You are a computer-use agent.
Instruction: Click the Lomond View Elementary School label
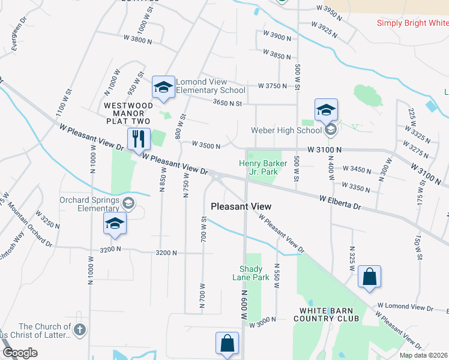point(210,86)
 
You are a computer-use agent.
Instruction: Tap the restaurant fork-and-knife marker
point(139,139)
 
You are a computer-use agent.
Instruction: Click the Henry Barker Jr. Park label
point(259,167)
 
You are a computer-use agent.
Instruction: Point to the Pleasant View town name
point(241,206)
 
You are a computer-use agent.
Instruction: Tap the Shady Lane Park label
point(251,273)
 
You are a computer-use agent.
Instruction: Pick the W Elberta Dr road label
point(340,202)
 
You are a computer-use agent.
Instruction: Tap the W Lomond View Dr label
point(405,308)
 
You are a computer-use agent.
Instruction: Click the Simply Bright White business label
point(412,23)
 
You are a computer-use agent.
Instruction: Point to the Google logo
point(20,353)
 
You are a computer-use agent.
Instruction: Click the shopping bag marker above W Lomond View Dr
point(370,278)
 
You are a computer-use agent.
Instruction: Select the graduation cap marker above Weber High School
point(326,110)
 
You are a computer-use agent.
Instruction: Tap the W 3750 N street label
point(273,86)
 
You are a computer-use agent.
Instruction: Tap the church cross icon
point(79,329)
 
